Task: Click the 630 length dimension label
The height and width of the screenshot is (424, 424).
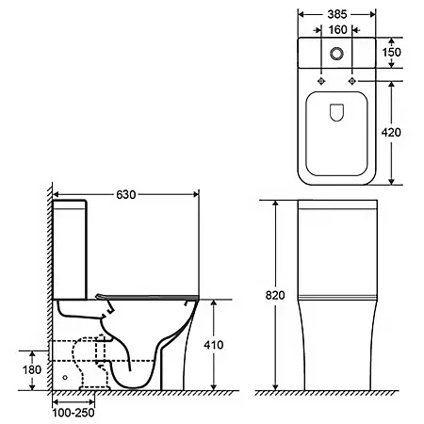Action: click(x=126, y=195)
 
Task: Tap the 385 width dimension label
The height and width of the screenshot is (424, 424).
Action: click(x=337, y=14)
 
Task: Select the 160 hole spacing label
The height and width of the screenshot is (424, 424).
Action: click(x=337, y=30)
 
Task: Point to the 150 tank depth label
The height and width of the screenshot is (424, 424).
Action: click(x=391, y=52)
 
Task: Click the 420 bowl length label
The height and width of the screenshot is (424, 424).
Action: click(x=391, y=133)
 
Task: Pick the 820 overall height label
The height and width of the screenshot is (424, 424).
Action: click(x=275, y=295)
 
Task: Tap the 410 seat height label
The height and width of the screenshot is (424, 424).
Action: click(x=214, y=345)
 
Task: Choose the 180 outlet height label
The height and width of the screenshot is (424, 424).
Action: click(x=32, y=369)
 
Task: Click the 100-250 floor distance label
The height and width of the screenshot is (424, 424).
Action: click(x=73, y=413)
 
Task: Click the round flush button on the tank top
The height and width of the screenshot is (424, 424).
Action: click(x=336, y=54)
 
